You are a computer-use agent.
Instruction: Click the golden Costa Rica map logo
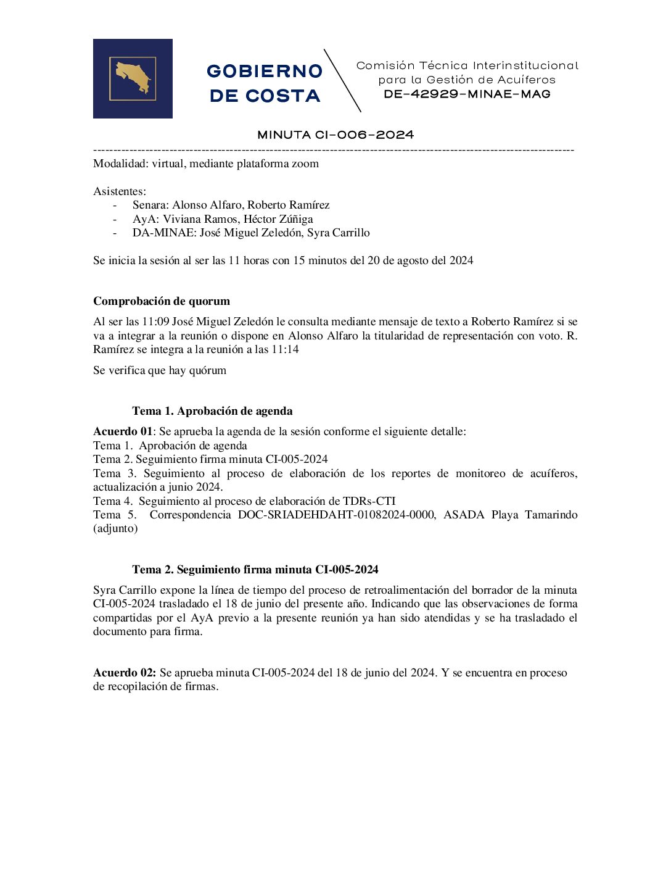click(x=133, y=78)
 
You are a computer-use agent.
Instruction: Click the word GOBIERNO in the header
click(x=265, y=71)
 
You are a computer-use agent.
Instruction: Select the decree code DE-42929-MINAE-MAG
click(x=467, y=94)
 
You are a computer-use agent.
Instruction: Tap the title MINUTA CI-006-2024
click(x=335, y=135)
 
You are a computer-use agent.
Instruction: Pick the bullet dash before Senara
click(x=115, y=205)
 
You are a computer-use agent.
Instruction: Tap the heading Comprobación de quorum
click(x=162, y=301)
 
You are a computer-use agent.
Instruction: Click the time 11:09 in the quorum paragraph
click(x=155, y=322)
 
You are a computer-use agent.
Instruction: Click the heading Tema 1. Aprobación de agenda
click(x=212, y=411)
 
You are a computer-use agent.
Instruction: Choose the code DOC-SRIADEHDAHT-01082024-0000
click(x=336, y=515)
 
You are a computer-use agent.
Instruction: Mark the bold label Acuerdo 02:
click(x=125, y=673)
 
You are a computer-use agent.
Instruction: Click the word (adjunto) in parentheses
click(x=115, y=528)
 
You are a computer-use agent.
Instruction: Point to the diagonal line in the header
click(x=342, y=80)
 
